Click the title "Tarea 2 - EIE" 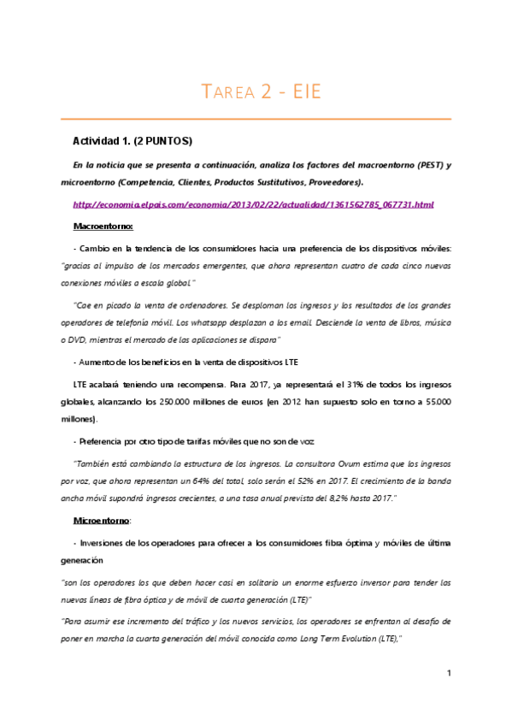[x=256, y=91]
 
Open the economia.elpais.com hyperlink [x=254, y=204]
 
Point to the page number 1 [x=449, y=675]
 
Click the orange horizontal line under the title [x=256, y=117]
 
